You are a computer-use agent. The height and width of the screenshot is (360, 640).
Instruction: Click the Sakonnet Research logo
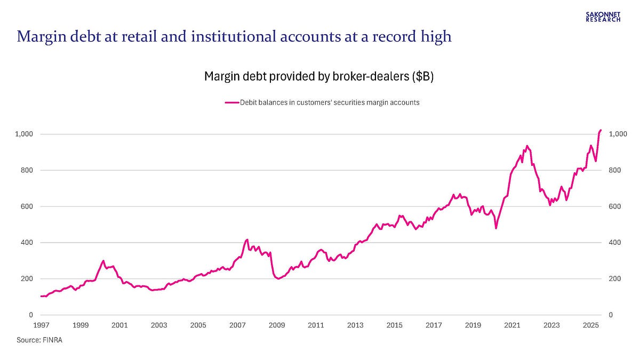[x=603, y=17]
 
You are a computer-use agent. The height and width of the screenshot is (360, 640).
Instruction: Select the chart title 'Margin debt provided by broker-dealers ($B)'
[x=319, y=76]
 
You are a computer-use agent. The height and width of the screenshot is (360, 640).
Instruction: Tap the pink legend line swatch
[x=232, y=102]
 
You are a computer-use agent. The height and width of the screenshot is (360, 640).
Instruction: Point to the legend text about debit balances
[x=330, y=102]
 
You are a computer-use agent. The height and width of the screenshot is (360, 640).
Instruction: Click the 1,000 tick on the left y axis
[x=24, y=134]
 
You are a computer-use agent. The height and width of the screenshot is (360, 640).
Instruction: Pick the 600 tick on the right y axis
[x=615, y=206]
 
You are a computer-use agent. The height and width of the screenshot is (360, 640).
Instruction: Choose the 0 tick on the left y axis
[x=31, y=315]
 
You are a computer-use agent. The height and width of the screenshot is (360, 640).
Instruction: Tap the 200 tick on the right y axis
[x=615, y=278]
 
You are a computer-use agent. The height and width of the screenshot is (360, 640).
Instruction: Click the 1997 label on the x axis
[x=41, y=325]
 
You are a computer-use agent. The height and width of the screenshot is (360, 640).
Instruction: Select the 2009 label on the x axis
[x=277, y=325]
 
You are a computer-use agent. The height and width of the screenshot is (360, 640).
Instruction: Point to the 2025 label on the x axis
[x=591, y=325]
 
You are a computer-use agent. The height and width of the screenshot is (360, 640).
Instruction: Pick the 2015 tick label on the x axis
[x=395, y=325]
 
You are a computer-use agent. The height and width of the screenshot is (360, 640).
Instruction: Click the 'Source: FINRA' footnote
[x=39, y=340]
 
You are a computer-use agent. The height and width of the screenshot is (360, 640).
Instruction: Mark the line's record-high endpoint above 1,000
[x=601, y=130]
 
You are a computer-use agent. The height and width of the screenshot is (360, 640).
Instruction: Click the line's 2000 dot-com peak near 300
[x=103, y=261]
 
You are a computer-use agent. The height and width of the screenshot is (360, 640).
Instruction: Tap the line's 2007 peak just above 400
[x=247, y=239]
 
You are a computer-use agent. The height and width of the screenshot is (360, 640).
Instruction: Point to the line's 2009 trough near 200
[x=278, y=278]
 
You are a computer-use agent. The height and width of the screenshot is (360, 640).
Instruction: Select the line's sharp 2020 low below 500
[x=496, y=228]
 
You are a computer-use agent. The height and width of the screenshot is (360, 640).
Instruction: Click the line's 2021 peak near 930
[x=527, y=146]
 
